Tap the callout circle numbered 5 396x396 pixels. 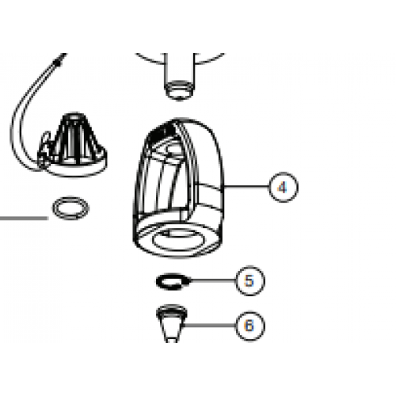click(x=249, y=280)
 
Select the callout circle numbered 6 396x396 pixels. click(x=249, y=325)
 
